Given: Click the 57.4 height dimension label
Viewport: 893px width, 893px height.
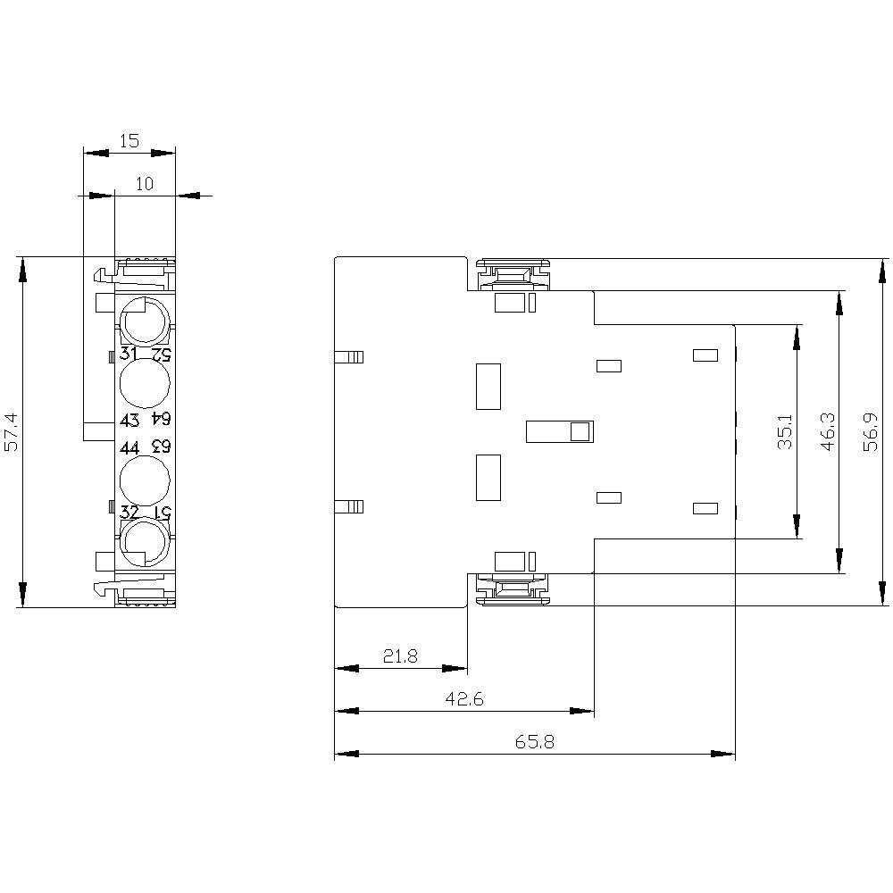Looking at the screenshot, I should pyautogui.click(x=10, y=432).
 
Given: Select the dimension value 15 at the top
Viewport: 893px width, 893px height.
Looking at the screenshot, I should pyautogui.click(x=129, y=140).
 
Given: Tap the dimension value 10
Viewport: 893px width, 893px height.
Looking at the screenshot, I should pyautogui.click(x=145, y=184).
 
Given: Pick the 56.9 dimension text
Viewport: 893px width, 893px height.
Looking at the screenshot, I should pyautogui.click(x=872, y=432).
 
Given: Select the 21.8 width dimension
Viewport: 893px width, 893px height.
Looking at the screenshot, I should pyautogui.click(x=400, y=656).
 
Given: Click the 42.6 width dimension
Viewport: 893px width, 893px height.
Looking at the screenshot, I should pyautogui.click(x=464, y=699).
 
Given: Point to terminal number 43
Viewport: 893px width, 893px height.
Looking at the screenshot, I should pyautogui.click(x=129, y=420).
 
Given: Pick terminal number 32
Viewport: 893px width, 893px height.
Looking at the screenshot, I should pyautogui.click(x=129, y=512).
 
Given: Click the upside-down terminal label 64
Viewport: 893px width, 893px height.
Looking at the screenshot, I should pyautogui.click(x=160, y=420).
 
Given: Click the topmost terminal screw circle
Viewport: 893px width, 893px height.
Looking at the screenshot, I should pyautogui.click(x=143, y=317).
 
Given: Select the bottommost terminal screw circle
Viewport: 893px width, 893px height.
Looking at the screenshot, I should pyautogui.click(x=143, y=544).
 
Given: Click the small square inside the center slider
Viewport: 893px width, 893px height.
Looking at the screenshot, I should pyautogui.click(x=580, y=432).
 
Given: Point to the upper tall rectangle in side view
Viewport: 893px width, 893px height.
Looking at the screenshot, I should pyautogui.click(x=488, y=386).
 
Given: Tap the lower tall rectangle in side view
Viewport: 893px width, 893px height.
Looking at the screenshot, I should pyautogui.click(x=488, y=477).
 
